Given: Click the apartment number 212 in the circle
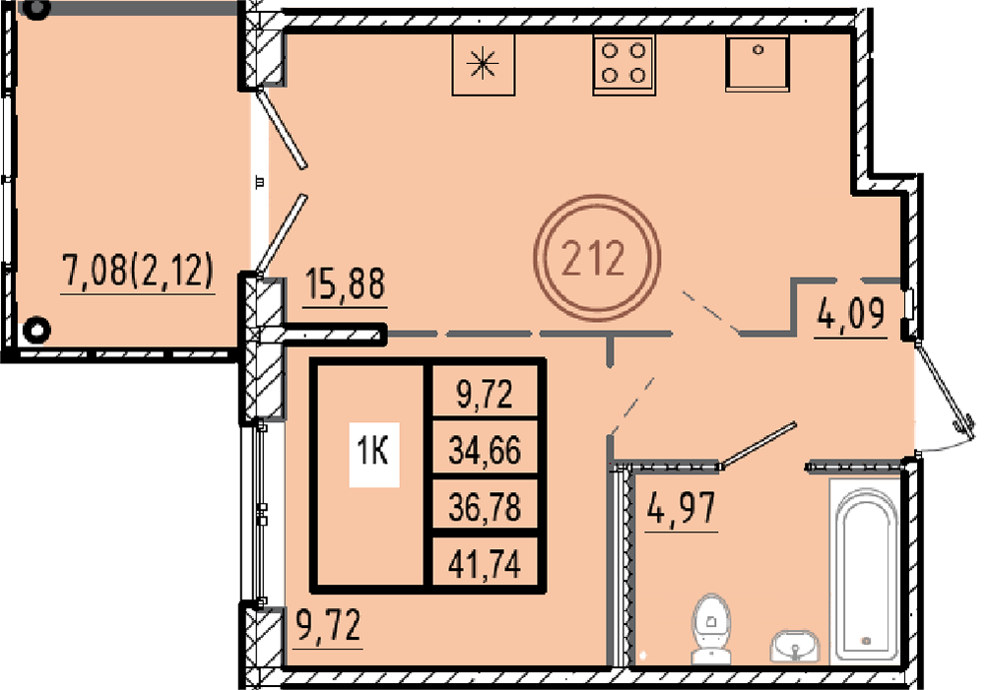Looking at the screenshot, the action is pos(593,258).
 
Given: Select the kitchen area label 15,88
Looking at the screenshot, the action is pos(345,283).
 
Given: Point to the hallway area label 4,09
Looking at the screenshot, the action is pos(851,314).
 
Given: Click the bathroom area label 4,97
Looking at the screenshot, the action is pos(682,508).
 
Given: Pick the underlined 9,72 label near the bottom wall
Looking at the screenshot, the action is pos(328,625).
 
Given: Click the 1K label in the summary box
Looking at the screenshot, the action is pos(373,451).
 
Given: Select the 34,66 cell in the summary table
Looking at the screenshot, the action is pos(485,451).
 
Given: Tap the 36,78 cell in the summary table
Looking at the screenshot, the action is pos(485,507).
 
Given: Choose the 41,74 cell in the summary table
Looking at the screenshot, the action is pos(485,564).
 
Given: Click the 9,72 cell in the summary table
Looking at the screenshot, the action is pos(485,395).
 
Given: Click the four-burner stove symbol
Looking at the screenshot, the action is pos(624,65).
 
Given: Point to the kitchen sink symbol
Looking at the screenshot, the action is pos(756,63).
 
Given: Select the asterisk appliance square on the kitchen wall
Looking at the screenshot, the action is pos(483,64).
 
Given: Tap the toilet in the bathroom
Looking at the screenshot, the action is pos(711,629).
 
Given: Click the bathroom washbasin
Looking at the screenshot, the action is pos(795,646).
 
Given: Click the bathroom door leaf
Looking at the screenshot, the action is pos(758,445).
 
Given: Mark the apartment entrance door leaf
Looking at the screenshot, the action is pos(942,387).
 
